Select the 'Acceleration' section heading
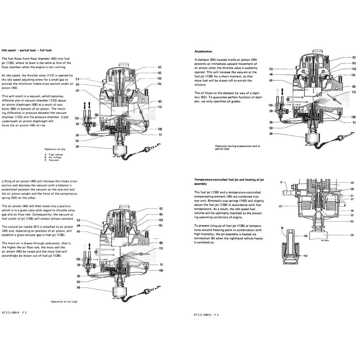point(203,51)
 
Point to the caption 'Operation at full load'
point(66,301)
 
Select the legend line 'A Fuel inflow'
point(54,155)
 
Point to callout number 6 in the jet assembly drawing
point(280,182)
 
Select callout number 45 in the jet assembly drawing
point(280,206)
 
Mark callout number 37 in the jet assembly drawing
point(352,199)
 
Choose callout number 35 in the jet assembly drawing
point(352,215)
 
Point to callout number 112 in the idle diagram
point(160,107)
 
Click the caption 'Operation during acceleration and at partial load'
point(238,148)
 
